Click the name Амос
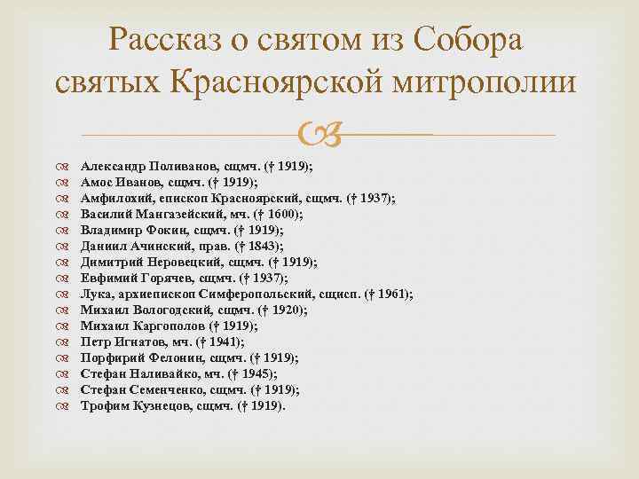[98, 182]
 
